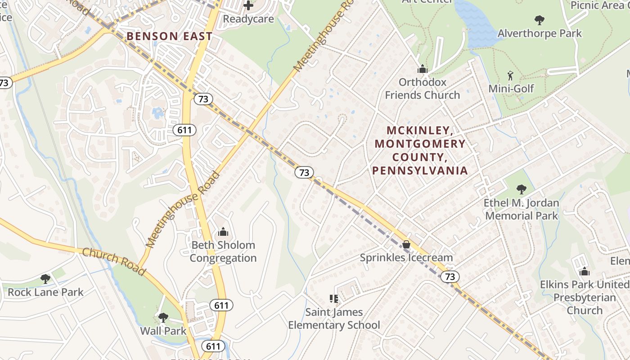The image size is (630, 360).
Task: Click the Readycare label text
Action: [248, 19]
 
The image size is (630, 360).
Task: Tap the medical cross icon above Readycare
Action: [248, 5]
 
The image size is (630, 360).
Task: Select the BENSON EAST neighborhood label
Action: [169, 36]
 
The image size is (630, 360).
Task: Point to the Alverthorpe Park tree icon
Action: [539, 20]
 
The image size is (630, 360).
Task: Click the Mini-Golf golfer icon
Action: [510, 76]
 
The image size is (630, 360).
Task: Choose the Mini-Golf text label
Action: [511, 89]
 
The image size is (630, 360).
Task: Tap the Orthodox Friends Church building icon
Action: [422, 69]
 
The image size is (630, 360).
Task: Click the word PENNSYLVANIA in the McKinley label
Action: [420, 171]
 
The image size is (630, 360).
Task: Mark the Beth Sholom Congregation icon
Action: [223, 232]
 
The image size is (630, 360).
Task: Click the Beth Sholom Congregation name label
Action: [223, 252]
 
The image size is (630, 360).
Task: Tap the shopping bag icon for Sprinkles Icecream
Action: [406, 244]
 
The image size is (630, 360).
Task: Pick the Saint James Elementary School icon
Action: [333, 298]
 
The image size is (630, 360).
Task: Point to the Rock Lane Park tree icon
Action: [45, 279]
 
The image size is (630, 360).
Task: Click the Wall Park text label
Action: [163, 331]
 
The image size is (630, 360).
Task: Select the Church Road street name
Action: [114, 261]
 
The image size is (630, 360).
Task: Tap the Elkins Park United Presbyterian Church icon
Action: [585, 272]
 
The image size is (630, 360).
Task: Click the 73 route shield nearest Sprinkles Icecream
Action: [450, 277]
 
